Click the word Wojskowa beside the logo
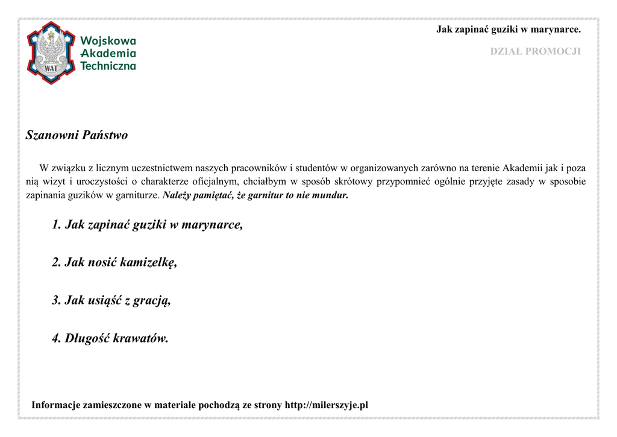108,41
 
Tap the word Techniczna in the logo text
108,66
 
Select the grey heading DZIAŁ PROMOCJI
535,51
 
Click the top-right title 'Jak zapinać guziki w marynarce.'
508,29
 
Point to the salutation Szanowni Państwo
77,135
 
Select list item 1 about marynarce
147,225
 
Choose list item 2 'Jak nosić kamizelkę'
114,262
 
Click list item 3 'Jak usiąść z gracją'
111,300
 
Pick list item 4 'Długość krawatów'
110,338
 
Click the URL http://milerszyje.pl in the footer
326,405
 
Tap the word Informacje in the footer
56,405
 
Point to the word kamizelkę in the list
148,262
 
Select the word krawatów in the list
140,338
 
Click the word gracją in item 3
152,300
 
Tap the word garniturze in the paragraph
137,196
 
